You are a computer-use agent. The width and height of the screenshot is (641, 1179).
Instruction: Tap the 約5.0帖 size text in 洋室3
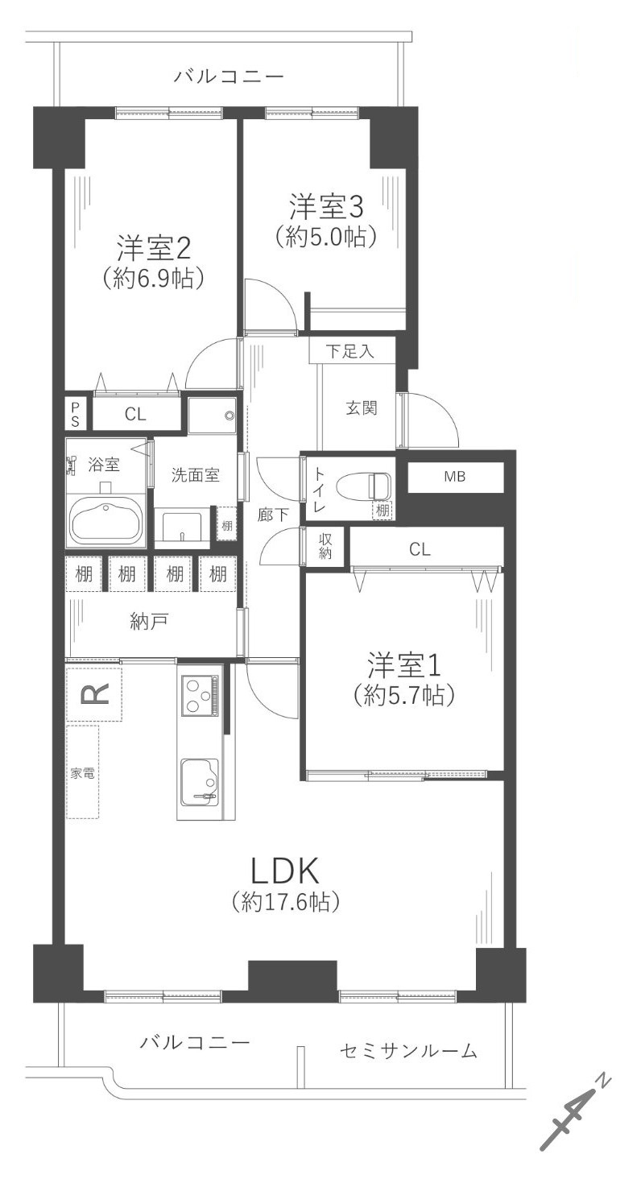pyautogui.click(x=326, y=237)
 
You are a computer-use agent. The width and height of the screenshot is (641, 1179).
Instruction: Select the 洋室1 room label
pyautogui.click(x=403, y=664)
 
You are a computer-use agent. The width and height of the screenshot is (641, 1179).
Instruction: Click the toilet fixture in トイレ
pyautogui.click(x=364, y=484)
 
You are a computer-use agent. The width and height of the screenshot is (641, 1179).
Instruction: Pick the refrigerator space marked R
pyautogui.click(x=95, y=693)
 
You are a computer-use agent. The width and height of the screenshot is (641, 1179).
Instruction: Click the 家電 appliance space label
pyautogui.click(x=83, y=774)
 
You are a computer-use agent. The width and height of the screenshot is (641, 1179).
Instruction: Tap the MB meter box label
pyautogui.click(x=455, y=477)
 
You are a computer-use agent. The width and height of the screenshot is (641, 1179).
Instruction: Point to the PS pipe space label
pyautogui.click(x=75, y=414)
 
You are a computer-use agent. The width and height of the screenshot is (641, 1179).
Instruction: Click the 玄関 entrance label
pyautogui.click(x=362, y=408)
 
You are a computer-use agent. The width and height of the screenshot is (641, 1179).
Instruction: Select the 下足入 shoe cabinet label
pyautogui.click(x=349, y=351)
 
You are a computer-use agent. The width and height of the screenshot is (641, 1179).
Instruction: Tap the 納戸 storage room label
pyautogui.click(x=150, y=622)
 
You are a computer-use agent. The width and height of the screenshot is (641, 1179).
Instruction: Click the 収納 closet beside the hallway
pyautogui.click(x=325, y=548)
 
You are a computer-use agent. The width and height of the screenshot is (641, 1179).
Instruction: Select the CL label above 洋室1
pyautogui.click(x=420, y=549)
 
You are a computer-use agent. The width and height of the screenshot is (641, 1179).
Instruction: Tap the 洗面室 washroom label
pyautogui.click(x=195, y=475)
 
